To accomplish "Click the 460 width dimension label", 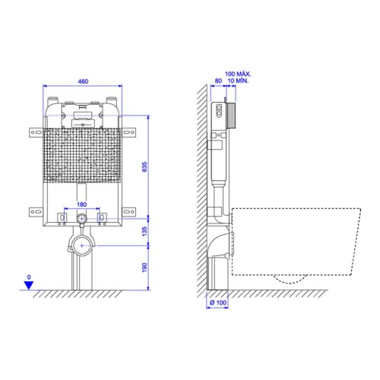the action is click(83, 81).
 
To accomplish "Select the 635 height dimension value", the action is click(144, 167).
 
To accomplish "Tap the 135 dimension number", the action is click(144, 232).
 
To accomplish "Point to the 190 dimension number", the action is click(144, 268).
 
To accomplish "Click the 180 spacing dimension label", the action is click(81, 204).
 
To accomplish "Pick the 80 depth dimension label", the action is click(218, 81).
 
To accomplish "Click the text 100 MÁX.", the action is click(238, 74).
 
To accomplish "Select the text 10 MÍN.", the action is click(238, 81).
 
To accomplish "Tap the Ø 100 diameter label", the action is click(218, 302).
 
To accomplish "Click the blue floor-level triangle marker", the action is click(29, 286).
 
